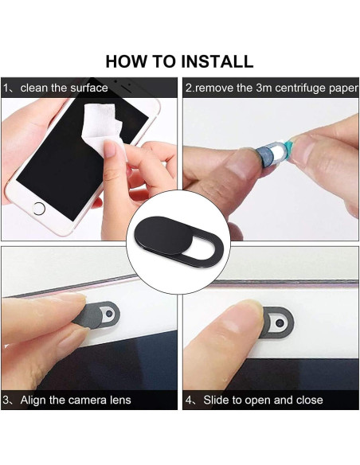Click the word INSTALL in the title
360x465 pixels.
[217, 61]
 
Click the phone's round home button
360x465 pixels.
[39, 208]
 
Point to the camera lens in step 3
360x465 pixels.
[109, 313]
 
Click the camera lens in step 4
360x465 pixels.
[280, 322]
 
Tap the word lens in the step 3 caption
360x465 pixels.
[120, 400]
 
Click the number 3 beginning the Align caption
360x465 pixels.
[6, 400]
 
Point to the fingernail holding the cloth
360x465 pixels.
[112, 149]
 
